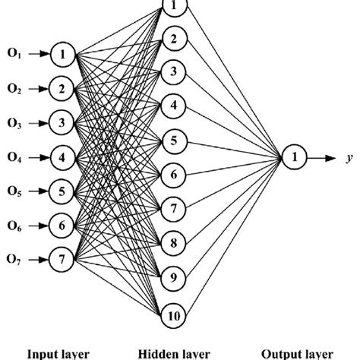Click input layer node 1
point(64,54)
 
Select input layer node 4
point(64,157)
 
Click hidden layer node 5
point(173,141)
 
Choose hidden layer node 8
point(173,243)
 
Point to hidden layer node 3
point(173,72)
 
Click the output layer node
point(292,158)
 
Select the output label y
point(349,159)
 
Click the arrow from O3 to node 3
point(39,123)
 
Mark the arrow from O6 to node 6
point(39,226)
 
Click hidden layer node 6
point(173,175)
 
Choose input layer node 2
point(64,88)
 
